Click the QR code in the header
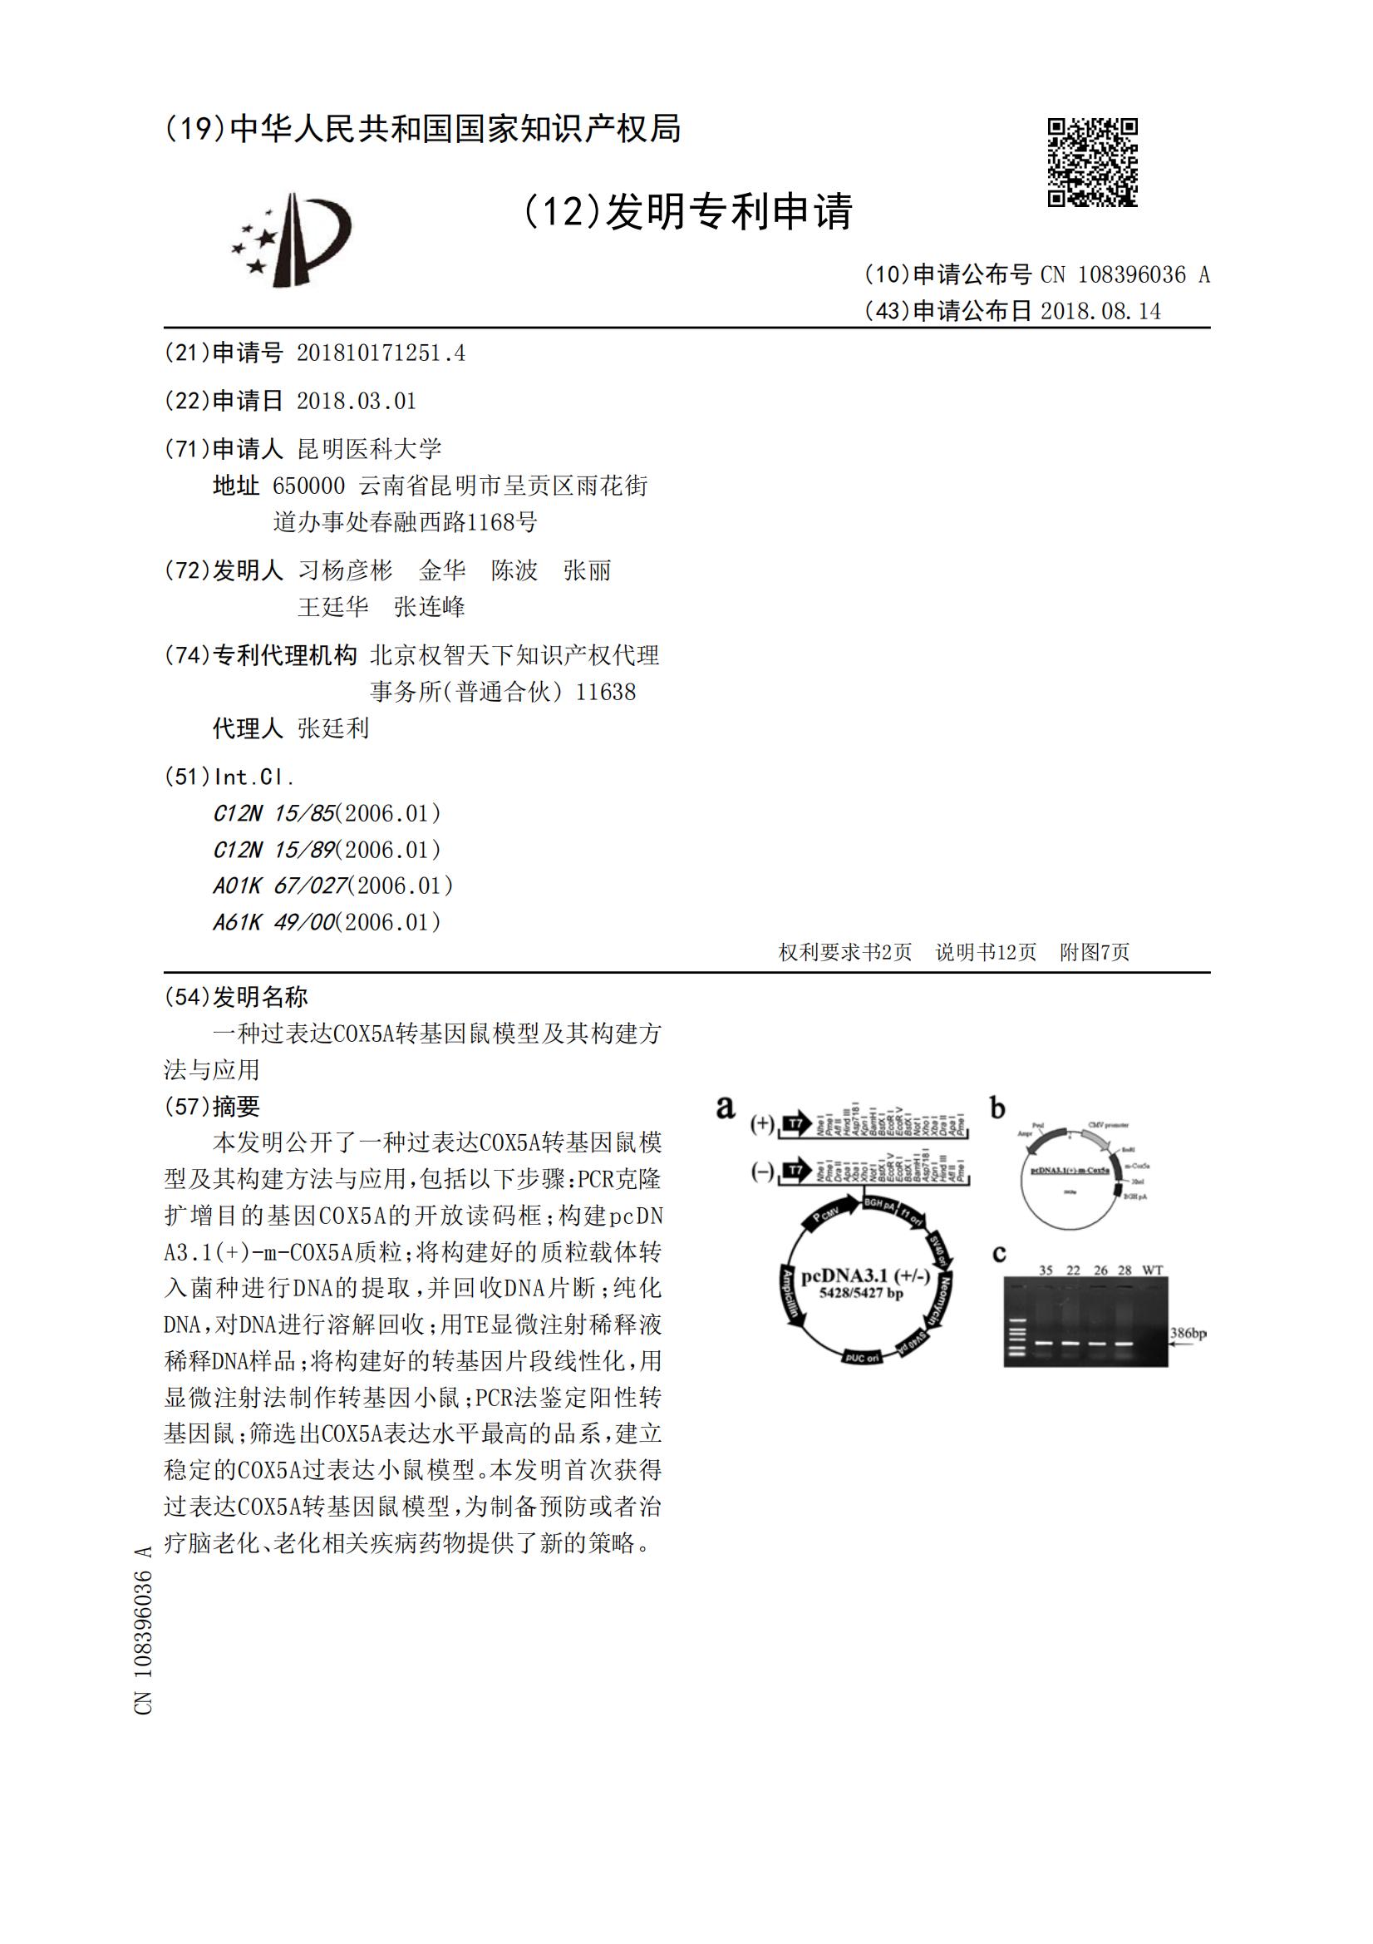pos(1092,161)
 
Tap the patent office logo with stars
pos(291,239)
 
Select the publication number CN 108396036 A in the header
pos(1125,275)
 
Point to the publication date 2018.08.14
pos(1100,312)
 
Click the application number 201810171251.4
pos(380,353)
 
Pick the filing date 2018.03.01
pos(357,402)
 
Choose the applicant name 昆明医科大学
pos(370,449)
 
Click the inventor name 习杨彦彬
pos(346,570)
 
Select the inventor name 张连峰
pos(429,607)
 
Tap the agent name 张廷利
pos(333,728)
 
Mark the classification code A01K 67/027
pos(280,886)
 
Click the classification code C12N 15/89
pos(274,849)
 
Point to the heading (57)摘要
pos(212,1106)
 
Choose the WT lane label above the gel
pos(1152,1270)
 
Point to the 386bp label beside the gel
pos(1188,1334)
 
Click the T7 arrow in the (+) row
pos(795,1123)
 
